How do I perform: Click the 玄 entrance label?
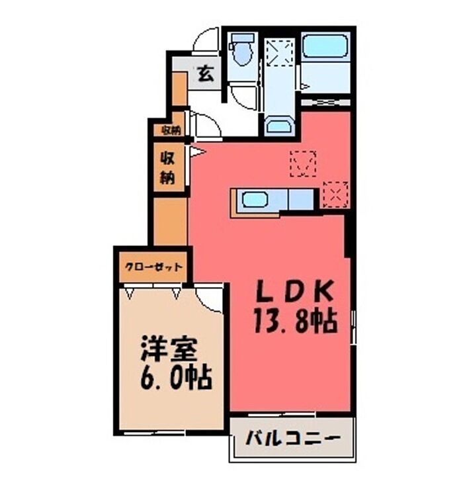206,73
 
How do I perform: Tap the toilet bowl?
241,56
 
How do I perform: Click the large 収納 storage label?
167,167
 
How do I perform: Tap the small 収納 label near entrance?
171,130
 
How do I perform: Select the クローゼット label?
154,268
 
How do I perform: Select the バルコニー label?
294,438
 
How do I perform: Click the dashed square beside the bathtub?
280,53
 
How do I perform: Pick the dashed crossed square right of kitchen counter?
335,195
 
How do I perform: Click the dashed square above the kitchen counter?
304,163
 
